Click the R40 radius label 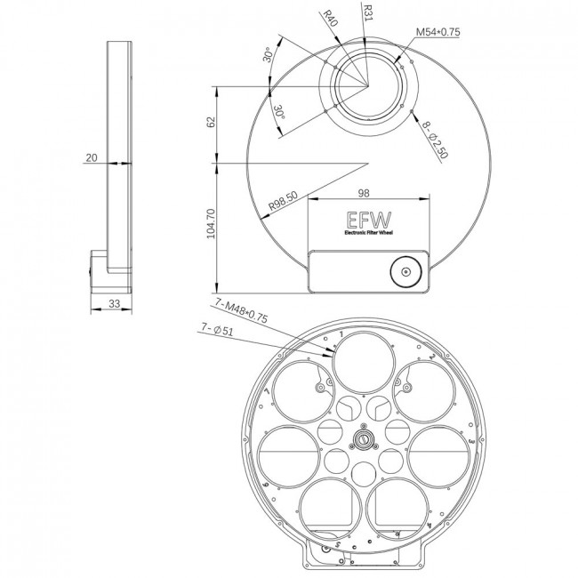tap(330, 19)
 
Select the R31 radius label tap(367, 12)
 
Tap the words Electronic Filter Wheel tap(366, 234)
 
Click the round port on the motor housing tap(405, 272)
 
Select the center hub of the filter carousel tap(363, 439)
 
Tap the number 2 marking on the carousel tap(430, 357)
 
